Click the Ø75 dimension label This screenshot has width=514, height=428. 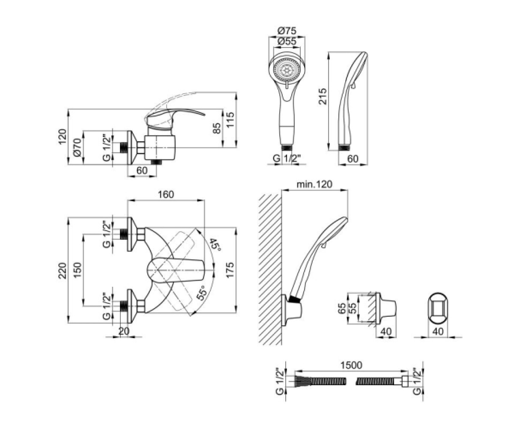pyautogui.click(x=287, y=31)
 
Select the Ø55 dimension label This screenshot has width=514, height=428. pyautogui.click(x=287, y=42)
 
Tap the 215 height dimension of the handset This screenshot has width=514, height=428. pyautogui.click(x=323, y=96)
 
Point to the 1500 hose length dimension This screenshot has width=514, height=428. pyautogui.click(x=351, y=365)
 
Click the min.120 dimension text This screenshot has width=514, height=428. pyautogui.click(x=314, y=184)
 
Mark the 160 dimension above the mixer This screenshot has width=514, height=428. pyautogui.click(x=166, y=194)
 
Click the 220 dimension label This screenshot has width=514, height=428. pyautogui.click(x=62, y=270)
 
